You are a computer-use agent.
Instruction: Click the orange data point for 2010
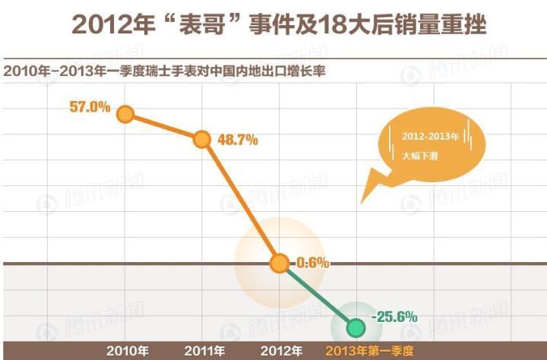tap(125, 115)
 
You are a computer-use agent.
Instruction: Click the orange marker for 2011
tap(201, 139)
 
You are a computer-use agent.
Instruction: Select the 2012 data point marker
tap(279, 264)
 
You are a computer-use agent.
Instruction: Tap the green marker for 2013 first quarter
tap(356, 327)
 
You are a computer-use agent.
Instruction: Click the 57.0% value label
tap(90, 107)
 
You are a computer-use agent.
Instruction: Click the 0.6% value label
tap(312, 264)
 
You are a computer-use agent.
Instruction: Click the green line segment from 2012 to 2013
tap(318, 296)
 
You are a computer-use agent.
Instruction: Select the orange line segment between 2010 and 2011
tap(163, 127)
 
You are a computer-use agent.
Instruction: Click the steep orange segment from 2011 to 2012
tap(240, 201)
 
